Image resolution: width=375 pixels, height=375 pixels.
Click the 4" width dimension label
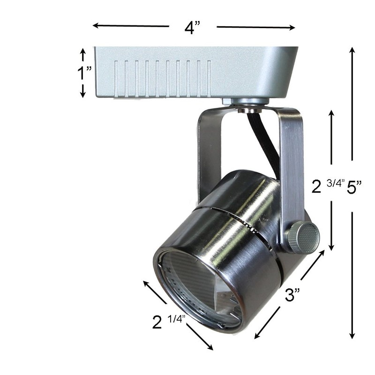(x=192, y=27)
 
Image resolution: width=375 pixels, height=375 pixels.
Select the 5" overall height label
(x=354, y=187)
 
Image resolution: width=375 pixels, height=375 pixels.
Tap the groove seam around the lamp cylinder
(x=239, y=220)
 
